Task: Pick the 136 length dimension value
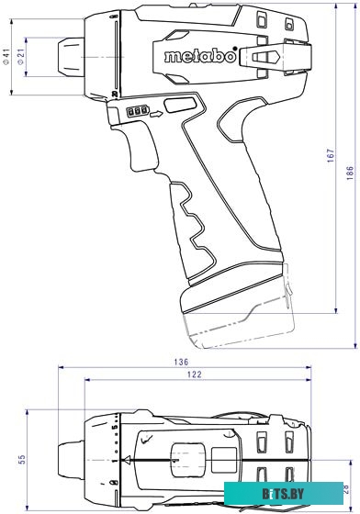pos(182,363)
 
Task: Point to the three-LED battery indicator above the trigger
pos(137,112)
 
